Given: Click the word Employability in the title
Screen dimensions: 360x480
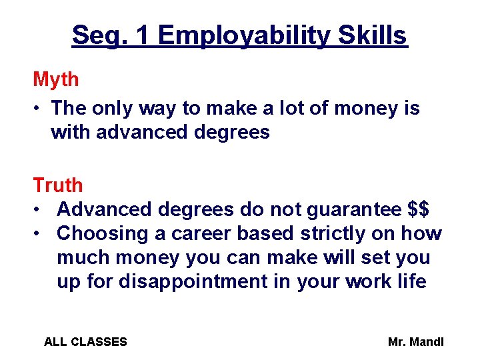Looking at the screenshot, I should point(243,36).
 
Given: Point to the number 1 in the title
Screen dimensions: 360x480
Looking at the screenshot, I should point(142,35).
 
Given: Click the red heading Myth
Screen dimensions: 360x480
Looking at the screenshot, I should point(56,80).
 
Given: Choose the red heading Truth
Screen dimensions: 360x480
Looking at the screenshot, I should point(58,185).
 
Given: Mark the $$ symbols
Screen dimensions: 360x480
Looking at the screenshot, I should point(418,209).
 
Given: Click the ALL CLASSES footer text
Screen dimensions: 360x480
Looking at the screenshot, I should point(85,342).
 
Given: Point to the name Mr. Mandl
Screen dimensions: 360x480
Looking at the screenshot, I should point(415,342).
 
